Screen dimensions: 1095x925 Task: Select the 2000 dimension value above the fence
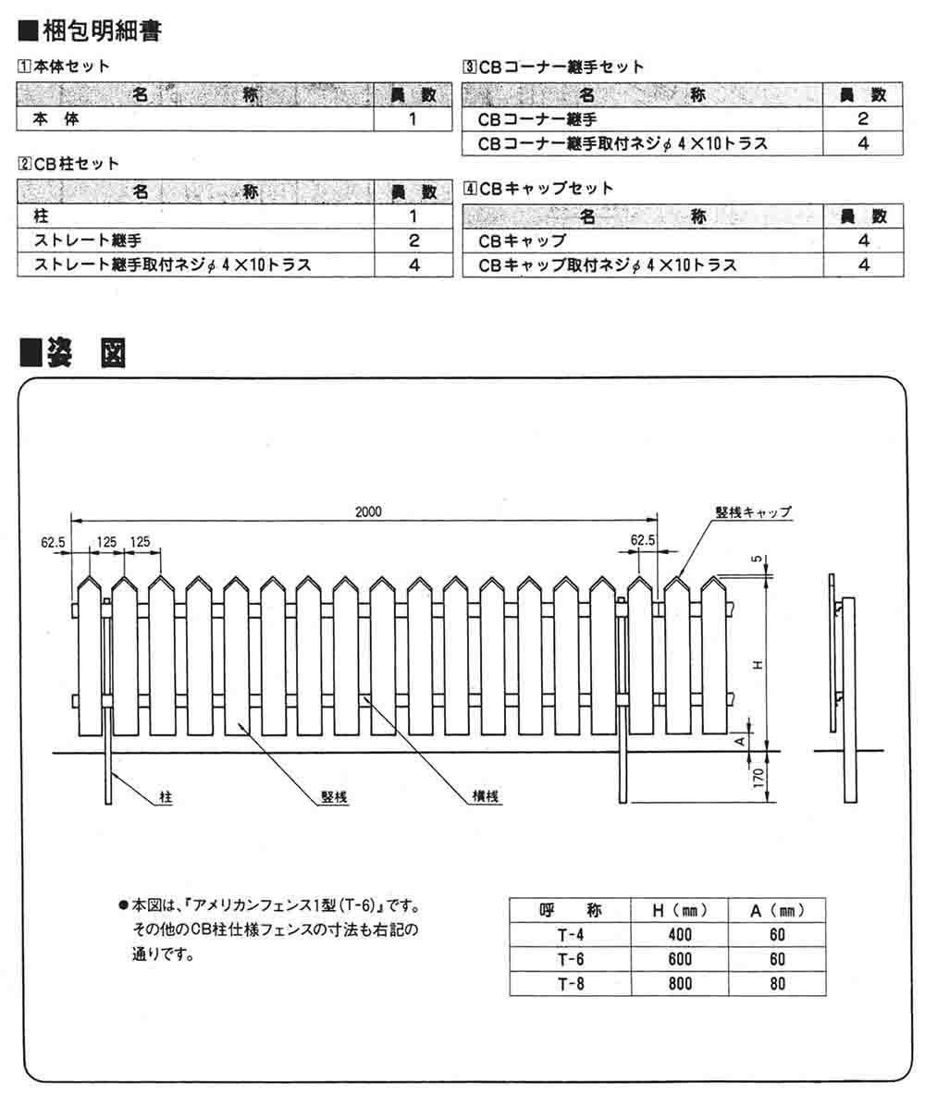[x=368, y=511]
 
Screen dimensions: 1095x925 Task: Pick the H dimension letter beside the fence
[x=758, y=666]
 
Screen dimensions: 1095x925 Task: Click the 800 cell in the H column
[x=679, y=983]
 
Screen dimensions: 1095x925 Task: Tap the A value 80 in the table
[x=776, y=983]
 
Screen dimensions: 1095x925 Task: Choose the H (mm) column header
[x=679, y=910]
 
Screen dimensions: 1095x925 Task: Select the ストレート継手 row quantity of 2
[x=414, y=240]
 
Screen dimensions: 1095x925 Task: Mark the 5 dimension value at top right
[x=757, y=561]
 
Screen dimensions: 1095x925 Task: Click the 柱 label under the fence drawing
[x=166, y=795]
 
